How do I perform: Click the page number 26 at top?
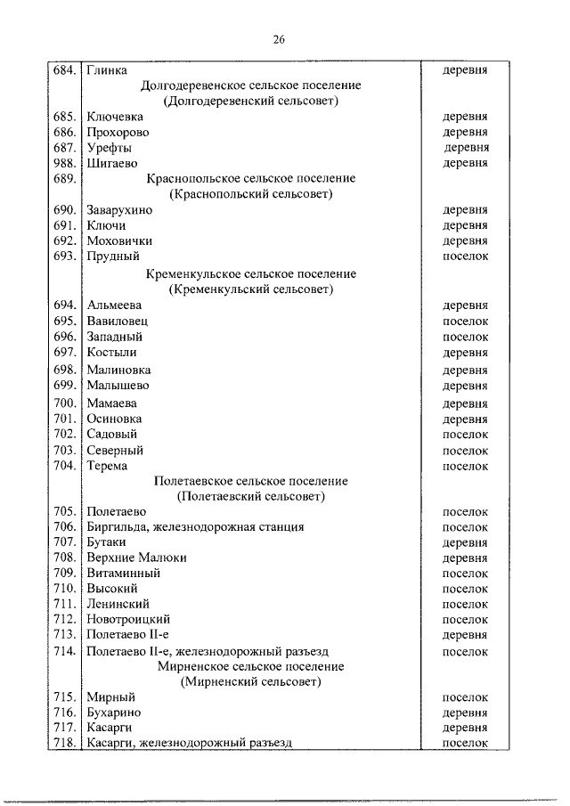279,39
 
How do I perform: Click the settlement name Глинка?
107,69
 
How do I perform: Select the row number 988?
66,163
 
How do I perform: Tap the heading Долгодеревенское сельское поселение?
250,85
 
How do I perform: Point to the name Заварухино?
120,210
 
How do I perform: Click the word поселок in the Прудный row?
465,256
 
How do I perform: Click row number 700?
66,403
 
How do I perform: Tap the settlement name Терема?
107,465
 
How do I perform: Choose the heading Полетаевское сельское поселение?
250,481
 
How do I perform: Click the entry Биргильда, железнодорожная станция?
195,526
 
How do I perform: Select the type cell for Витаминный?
465,573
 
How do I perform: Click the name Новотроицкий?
128,619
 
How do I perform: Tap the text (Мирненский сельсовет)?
250,681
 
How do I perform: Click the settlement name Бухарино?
114,712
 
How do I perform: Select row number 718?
66,743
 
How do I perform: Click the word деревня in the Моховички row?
465,240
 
